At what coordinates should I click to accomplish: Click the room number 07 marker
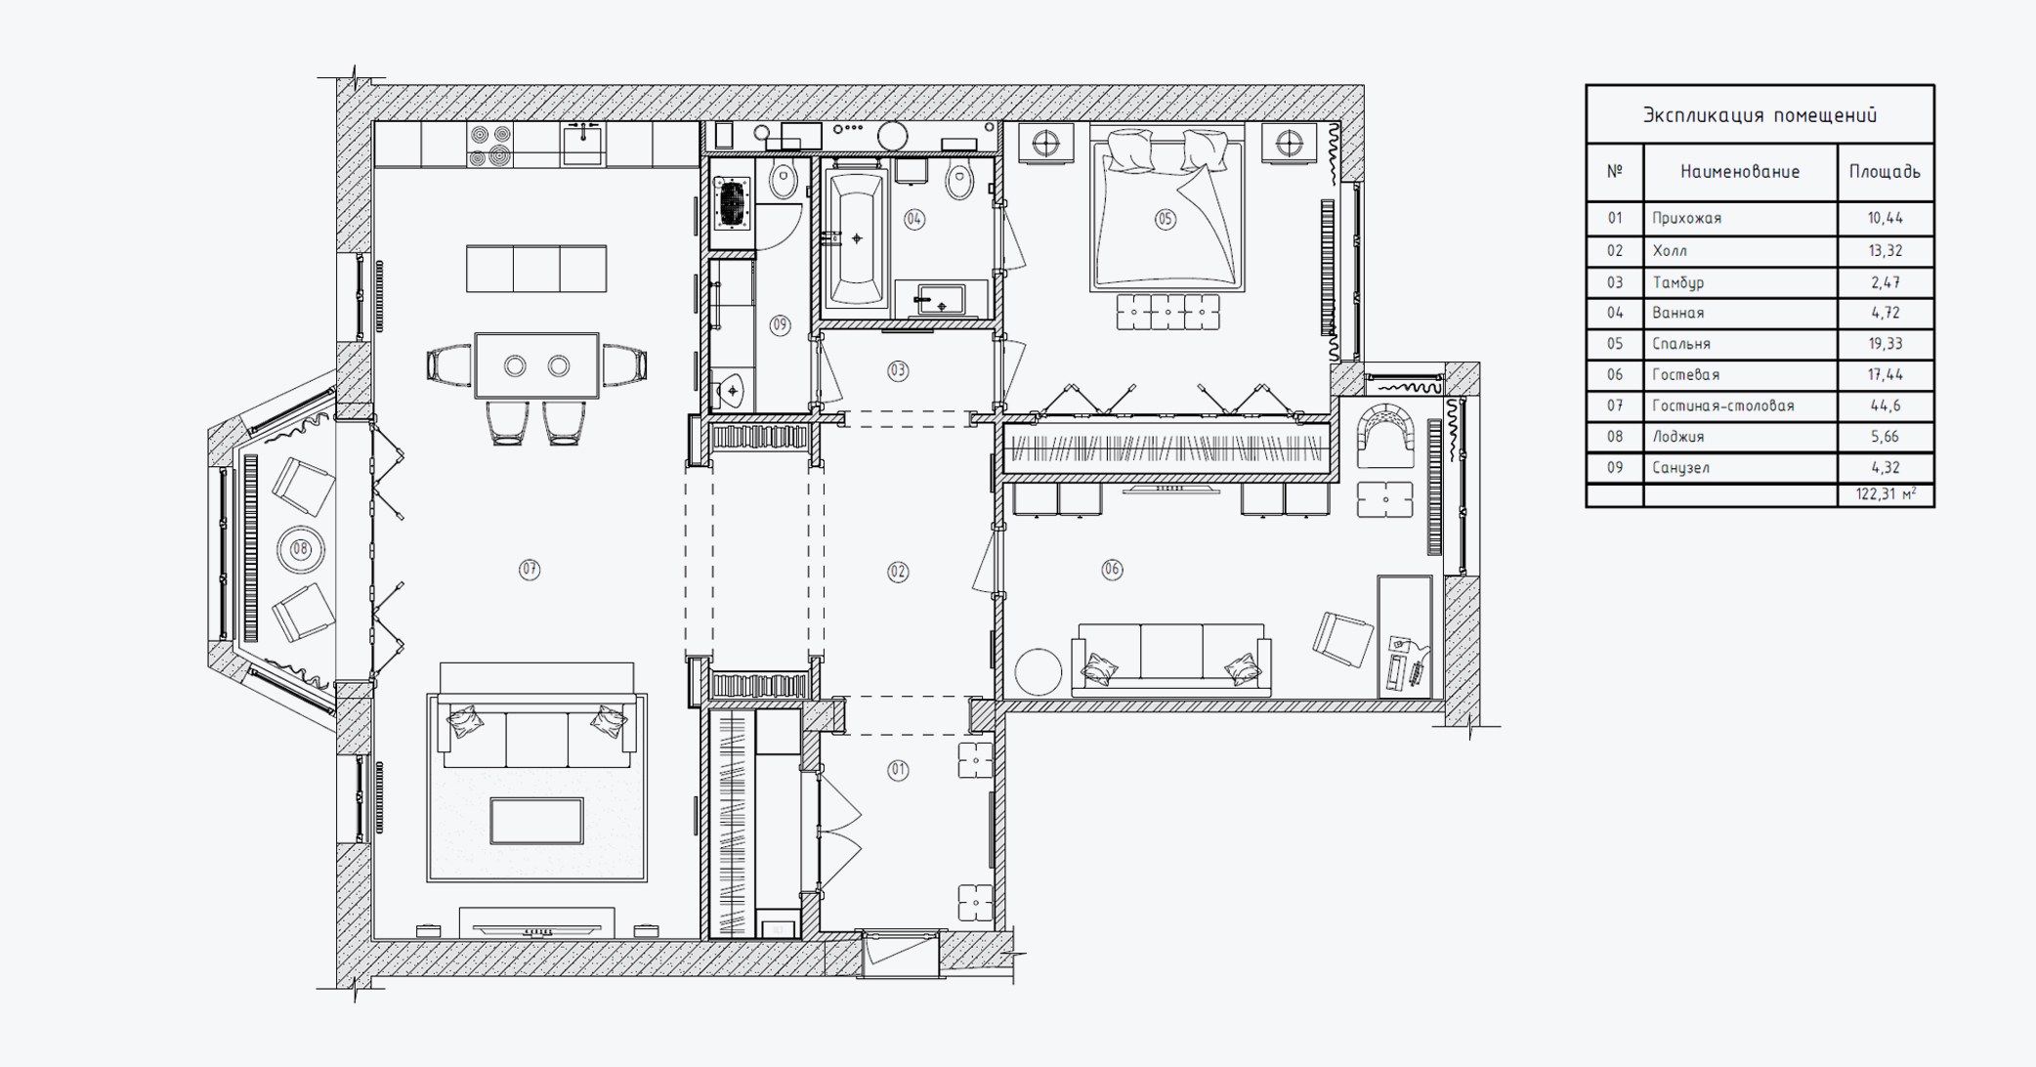pos(529,570)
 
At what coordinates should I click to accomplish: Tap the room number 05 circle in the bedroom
pos(1165,219)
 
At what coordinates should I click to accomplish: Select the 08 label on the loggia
pos(300,549)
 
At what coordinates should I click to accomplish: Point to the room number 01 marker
pos(898,770)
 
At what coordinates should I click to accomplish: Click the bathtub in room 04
pos(857,238)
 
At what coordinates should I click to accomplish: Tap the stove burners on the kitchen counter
pos(490,146)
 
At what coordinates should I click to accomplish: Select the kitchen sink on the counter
pos(582,144)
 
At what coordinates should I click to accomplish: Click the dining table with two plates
pos(536,365)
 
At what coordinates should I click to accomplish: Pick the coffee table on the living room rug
pos(536,821)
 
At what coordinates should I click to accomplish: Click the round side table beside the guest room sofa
pos(1038,672)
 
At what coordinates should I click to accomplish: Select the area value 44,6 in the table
pos(1885,405)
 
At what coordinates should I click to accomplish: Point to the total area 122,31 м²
pos(1886,494)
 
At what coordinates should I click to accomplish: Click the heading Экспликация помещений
pos(1760,115)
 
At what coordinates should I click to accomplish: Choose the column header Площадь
pos(1885,172)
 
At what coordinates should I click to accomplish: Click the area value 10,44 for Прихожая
pos(1885,218)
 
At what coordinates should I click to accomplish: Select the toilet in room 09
pos(783,180)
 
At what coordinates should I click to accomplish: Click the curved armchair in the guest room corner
pos(1385,434)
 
